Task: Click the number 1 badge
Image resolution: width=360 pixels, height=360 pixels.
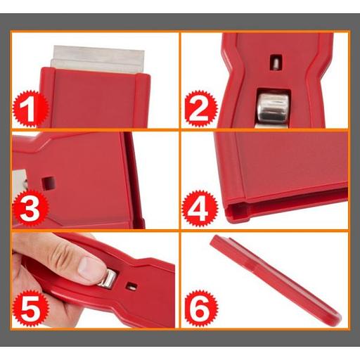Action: (30, 109)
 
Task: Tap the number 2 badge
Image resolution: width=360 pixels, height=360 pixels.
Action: (200, 108)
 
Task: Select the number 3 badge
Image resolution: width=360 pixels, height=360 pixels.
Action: (30, 208)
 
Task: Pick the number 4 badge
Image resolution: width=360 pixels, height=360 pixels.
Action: (200, 209)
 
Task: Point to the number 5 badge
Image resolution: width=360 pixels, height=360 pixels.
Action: (30, 308)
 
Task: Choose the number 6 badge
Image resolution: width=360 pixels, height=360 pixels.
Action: (201, 308)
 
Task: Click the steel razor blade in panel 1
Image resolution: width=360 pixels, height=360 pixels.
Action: (98, 59)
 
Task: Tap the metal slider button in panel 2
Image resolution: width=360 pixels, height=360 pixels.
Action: (272, 108)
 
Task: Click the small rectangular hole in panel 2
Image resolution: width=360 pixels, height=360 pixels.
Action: (275, 63)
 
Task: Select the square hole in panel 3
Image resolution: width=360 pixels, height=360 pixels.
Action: (49, 184)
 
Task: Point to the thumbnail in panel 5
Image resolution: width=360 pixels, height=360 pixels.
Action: (90, 269)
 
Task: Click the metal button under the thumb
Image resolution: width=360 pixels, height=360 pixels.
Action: (108, 278)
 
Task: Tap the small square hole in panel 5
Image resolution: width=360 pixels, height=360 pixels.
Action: (131, 286)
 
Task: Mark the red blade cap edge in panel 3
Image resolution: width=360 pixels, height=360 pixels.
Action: (134, 181)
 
